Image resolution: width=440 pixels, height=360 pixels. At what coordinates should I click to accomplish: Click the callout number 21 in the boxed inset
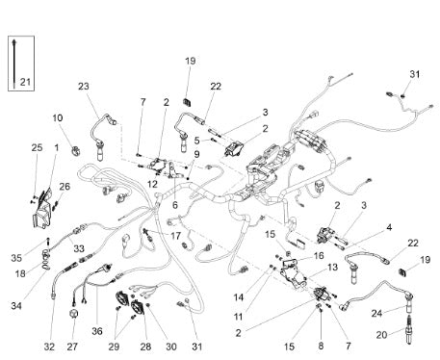25,82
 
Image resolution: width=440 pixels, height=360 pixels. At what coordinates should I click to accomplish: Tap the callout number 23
84,87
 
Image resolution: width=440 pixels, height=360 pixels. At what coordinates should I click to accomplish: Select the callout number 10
58,117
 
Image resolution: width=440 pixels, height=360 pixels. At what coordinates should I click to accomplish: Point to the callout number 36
97,331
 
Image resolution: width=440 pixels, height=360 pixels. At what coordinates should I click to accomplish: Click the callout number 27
72,347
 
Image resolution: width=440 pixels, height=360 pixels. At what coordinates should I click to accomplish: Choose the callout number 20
381,335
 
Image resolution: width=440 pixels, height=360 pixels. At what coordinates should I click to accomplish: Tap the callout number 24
377,313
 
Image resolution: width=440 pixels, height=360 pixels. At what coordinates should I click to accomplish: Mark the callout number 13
332,267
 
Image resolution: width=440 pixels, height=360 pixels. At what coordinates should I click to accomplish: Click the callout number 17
175,236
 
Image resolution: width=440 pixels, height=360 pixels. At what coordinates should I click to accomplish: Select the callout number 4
389,228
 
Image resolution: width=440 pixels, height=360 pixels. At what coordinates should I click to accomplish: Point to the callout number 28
145,347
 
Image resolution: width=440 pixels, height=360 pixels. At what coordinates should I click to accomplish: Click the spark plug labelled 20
409,330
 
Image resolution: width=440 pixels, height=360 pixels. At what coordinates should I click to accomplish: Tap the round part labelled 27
74,314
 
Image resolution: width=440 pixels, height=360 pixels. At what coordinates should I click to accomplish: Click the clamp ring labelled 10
76,151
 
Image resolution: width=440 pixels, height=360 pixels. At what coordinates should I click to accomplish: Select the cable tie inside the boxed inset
14,64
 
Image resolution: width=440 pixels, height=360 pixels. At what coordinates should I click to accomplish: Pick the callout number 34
16,306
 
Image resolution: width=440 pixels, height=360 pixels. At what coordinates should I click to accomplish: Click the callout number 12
152,184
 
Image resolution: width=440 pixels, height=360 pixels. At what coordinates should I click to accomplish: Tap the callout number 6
175,205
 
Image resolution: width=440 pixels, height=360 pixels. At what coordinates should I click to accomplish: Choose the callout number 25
37,147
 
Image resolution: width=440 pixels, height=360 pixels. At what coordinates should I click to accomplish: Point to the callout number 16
319,256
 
